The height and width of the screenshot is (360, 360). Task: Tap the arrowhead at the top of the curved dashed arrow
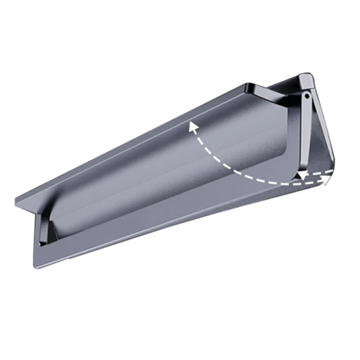[x=193, y=126]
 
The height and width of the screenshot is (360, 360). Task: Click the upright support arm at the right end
[x=305, y=130]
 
